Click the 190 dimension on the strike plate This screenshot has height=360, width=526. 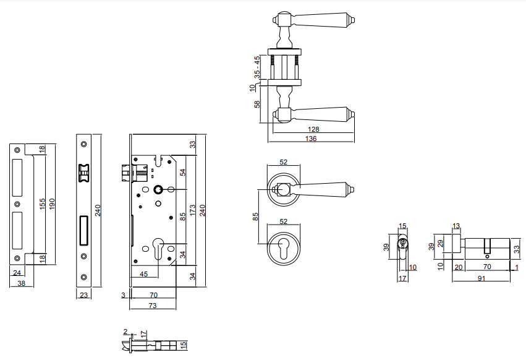(52, 204)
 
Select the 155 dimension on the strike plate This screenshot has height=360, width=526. (42, 204)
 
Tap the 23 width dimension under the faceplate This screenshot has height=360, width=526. (83, 295)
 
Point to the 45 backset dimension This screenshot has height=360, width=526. (143, 274)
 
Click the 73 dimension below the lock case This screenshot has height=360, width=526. (152, 306)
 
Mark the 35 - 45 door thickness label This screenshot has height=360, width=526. (257, 67)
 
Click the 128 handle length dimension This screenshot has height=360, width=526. (313, 129)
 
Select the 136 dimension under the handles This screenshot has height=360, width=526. (311, 139)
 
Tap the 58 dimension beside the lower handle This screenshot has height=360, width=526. (257, 104)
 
